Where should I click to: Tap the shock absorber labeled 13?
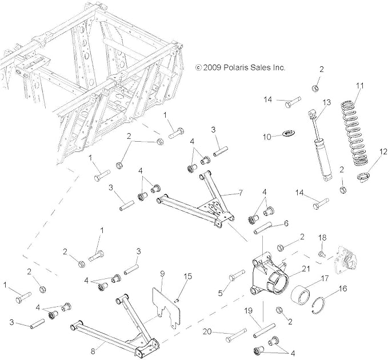321,146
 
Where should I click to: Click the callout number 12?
382,151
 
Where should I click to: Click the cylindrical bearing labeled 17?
301,295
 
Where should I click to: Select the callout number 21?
306,268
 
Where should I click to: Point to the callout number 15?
188,276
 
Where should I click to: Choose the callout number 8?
93,351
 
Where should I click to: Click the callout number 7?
240,192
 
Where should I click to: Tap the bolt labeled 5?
237,275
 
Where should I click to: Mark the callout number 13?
327,102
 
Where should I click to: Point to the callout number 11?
360,86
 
